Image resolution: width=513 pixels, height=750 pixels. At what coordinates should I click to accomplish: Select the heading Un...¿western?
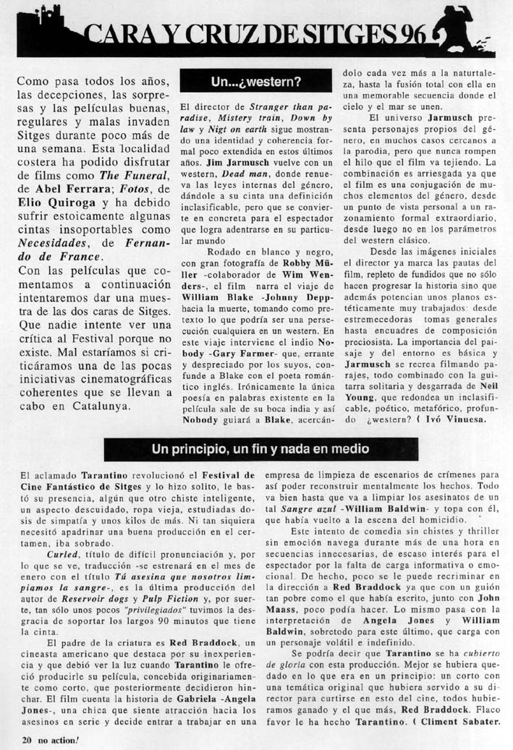[x=256, y=82]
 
